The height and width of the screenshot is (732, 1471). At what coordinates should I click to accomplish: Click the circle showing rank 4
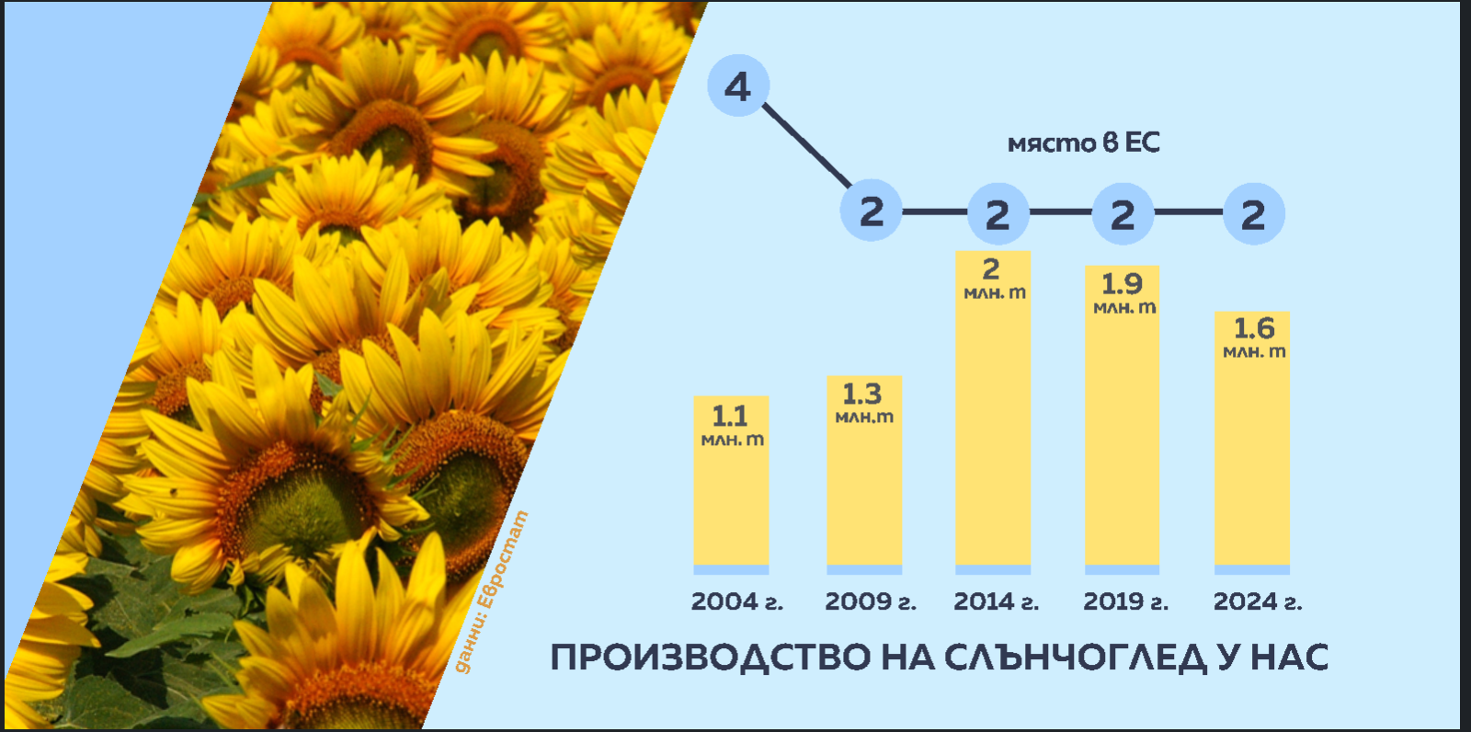738,86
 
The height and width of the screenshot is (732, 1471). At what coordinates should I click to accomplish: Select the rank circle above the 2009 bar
872,211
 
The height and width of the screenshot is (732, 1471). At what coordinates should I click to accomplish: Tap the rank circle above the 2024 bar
1254,213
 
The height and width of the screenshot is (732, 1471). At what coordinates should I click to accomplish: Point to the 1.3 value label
861,395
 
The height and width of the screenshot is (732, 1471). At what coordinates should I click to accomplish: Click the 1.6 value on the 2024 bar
1254,328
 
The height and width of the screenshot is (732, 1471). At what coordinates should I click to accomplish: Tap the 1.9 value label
1122,284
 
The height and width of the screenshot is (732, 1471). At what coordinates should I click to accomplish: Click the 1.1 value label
730,417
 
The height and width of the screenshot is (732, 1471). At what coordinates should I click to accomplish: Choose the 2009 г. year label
870,601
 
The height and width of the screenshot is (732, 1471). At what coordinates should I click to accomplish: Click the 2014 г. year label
996,601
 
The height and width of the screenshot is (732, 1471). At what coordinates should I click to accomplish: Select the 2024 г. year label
1257,601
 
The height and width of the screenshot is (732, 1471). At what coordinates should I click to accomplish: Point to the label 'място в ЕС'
1084,143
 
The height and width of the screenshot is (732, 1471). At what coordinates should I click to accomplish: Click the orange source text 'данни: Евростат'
491,591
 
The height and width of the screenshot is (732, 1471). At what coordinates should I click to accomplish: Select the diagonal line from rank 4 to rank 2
807,145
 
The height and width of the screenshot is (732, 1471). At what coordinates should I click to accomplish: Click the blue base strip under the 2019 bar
1122,570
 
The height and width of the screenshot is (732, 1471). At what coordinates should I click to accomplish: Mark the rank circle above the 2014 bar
998,213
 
